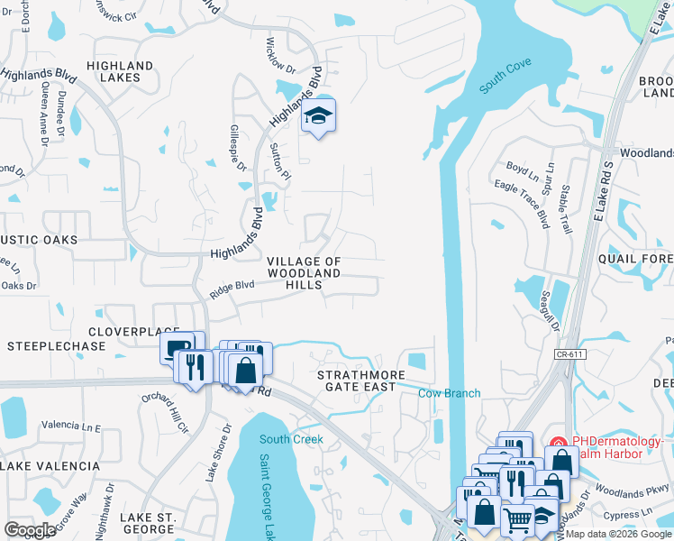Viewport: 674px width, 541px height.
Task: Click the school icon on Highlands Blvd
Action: [x=318, y=116]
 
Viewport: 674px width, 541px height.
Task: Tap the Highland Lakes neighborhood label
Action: [x=120, y=72]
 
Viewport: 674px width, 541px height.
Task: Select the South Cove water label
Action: [x=505, y=76]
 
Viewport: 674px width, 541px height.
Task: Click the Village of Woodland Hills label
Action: [x=305, y=272]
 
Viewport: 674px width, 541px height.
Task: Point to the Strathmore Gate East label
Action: [x=356, y=380]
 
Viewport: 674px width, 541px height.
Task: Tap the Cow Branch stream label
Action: [x=450, y=393]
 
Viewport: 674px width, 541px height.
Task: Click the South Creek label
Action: [x=291, y=439]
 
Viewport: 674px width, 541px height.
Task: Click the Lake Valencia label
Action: [x=50, y=466]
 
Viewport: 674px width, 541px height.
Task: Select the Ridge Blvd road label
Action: [x=233, y=288]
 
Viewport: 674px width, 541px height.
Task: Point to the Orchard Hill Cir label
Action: [x=168, y=405]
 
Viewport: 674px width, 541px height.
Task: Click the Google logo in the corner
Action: [x=30, y=530]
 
